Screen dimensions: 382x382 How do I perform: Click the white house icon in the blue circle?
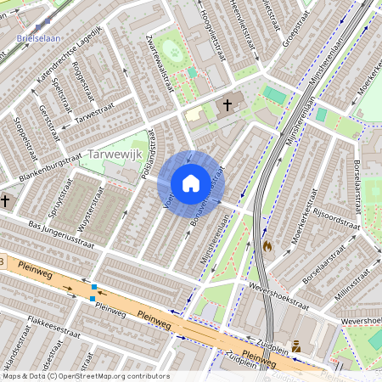point(191,183)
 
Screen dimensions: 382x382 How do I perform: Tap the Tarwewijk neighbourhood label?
point(119,154)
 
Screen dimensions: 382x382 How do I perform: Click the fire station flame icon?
point(268,246)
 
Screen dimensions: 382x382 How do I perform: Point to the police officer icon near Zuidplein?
point(296,345)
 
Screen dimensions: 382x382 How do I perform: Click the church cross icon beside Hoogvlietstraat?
point(226,106)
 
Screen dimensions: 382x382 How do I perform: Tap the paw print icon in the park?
point(175,53)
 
